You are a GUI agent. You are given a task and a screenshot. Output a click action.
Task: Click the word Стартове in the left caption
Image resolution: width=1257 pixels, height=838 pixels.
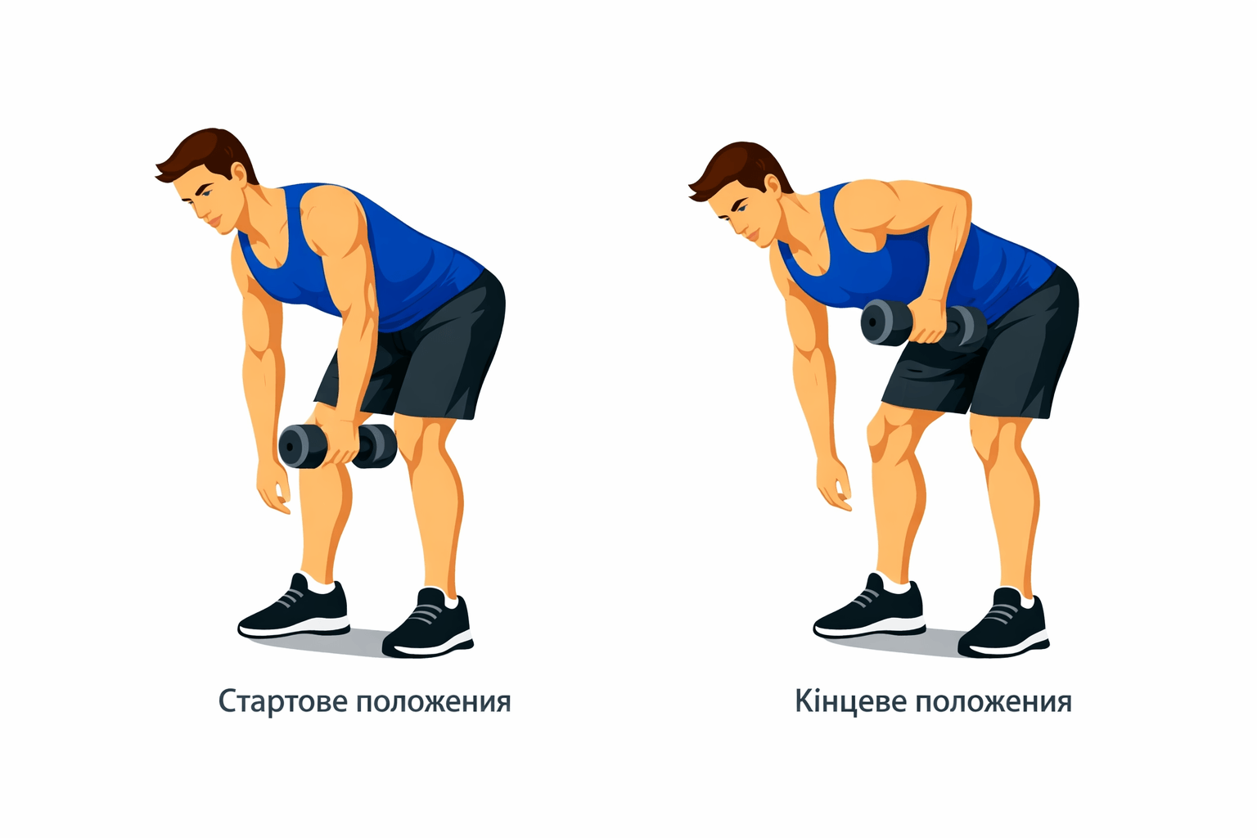(284, 701)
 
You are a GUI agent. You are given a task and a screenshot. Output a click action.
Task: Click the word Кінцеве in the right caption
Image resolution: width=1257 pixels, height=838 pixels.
(851, 701)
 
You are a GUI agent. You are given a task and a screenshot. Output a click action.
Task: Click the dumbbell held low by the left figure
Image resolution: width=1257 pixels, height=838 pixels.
(337, 446)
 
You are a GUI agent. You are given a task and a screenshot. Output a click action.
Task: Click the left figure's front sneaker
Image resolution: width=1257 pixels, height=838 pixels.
(294, 608)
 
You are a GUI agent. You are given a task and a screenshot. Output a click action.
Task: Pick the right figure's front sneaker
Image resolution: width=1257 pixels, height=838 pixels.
(869, 608)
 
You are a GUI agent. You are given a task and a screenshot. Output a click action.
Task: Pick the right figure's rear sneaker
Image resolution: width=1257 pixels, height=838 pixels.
(1003, 624)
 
